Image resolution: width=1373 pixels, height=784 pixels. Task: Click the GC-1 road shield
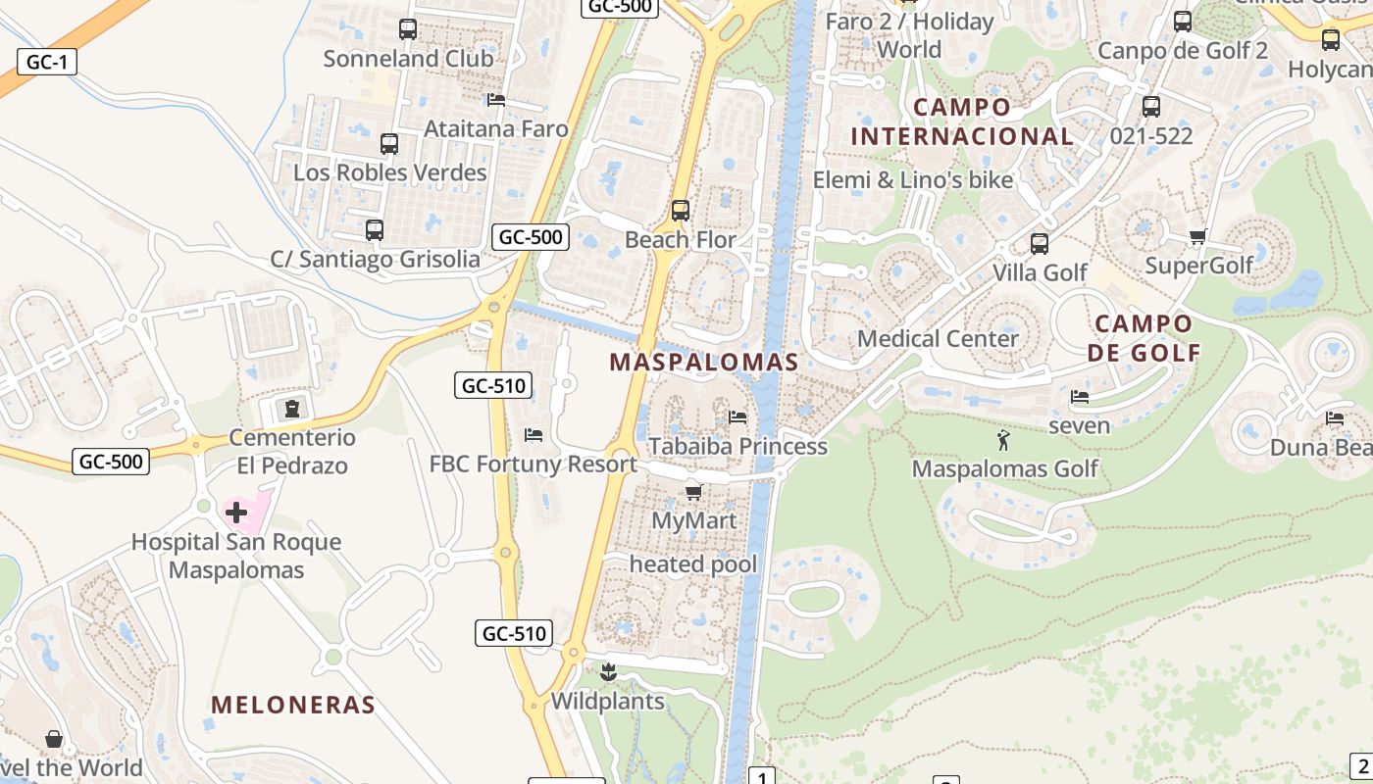(46, 62)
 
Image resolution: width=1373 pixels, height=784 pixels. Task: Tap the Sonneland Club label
(408, 58)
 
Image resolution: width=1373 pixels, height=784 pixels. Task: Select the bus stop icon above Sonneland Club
(408, 29)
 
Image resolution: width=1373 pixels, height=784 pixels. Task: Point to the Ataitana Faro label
(495, 128)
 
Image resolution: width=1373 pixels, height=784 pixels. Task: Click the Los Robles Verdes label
(390, 172)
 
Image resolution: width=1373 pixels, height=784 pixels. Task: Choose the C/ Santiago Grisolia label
(376, 259)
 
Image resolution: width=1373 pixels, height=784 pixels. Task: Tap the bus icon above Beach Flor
(680, 211)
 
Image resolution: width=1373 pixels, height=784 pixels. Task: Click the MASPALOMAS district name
(704, 362)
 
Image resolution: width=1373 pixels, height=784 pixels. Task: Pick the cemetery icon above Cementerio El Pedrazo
(291, 408)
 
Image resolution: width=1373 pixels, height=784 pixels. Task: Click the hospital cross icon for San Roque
(236, 512)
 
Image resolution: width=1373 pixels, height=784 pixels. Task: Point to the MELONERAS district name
(293, 704)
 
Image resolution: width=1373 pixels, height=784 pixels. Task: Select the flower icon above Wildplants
(608, 672)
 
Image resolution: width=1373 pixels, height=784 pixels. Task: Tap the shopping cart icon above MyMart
(693, 492)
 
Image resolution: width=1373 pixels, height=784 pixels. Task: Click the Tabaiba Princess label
(738, 446)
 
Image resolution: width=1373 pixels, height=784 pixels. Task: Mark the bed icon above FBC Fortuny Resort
(534, 434)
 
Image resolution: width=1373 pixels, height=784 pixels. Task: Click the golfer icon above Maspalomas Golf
(1002, 440)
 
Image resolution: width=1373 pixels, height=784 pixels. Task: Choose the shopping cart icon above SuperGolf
(1197, 236)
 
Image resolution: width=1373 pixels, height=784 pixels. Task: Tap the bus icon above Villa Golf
(1040, 244)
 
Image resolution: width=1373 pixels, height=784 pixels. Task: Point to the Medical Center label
(938, 338)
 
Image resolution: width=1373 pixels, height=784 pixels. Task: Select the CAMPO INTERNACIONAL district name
(962, 122)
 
